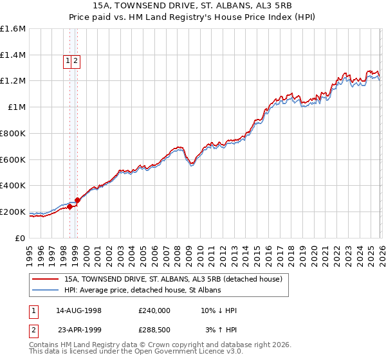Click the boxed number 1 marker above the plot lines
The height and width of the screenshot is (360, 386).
(68, 61)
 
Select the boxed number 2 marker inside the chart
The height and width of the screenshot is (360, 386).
(76, 61)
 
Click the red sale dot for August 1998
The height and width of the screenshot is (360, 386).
(69, 206)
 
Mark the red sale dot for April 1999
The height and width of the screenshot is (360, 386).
(77, 200)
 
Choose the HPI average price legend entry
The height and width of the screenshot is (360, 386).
(142, 291)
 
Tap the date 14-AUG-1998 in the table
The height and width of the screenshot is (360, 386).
(78, 310)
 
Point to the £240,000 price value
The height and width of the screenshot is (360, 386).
(154, 310)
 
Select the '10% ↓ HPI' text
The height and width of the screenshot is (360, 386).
(219, 310)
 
